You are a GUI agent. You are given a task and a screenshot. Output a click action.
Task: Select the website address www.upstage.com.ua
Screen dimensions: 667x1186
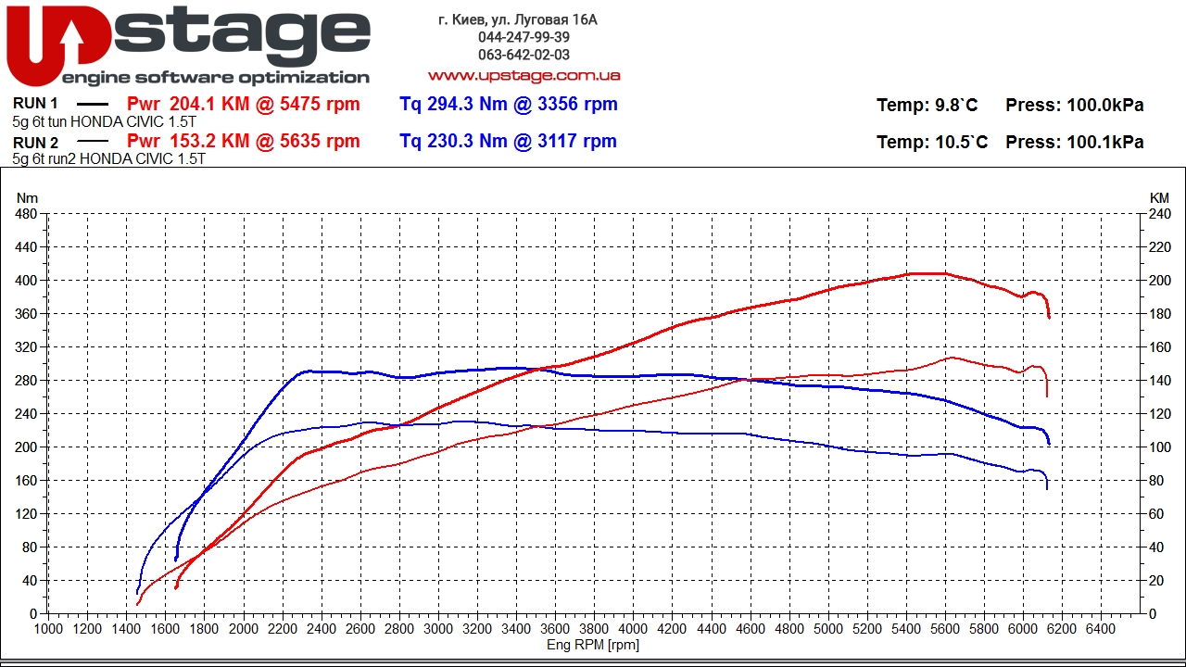[x=524, y=76]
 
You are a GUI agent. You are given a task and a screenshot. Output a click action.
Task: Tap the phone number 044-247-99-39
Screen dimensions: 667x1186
[x=524, y=37]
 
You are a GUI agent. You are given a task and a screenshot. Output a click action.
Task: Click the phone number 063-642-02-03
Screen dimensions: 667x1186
[x=524, y=55]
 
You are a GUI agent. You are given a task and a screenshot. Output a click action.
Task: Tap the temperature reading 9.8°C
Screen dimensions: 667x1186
[x=953, y=106]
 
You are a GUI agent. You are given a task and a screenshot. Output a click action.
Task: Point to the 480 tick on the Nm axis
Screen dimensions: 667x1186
[x=26, y=214]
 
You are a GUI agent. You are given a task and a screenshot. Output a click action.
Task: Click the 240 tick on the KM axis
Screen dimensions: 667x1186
[x=1159, y=214]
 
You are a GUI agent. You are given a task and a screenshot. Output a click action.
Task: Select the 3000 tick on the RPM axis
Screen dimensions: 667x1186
[x=438, y=629]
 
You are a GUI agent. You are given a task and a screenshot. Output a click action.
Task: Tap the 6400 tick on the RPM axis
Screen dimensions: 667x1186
[x=1101, y=629]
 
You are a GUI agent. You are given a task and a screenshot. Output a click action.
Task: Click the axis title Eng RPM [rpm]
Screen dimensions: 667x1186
[x=593, y=645]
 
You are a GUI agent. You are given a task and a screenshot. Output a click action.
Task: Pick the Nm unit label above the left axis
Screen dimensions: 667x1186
[x=27, y=197]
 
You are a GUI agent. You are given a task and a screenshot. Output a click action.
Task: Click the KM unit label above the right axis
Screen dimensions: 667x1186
[x=1159, y=197]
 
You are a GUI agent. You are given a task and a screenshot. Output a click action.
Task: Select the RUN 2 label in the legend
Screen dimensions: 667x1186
[x=36, y=143]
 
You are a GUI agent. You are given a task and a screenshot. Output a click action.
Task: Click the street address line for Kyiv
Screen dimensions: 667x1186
[x=518, y=19]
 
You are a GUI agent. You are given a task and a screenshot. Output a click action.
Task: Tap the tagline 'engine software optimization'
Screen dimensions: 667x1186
[x=215, y=78]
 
